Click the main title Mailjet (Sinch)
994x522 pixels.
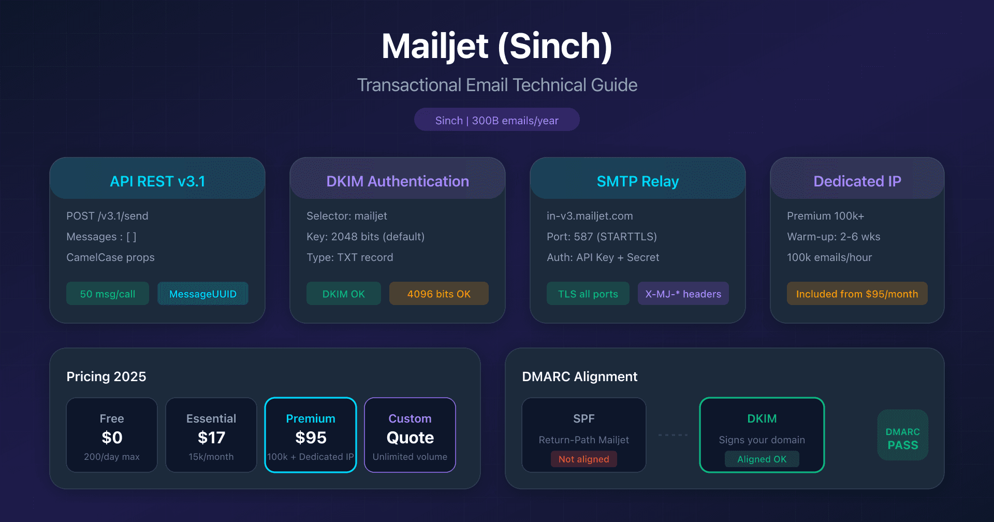497,47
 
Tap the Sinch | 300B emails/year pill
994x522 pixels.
497,120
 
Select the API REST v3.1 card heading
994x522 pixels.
157,181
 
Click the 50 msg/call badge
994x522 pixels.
108,294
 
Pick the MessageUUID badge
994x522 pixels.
203,294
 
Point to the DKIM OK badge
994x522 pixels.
344,294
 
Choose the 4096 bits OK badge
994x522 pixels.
439,294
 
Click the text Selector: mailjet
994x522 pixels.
347,216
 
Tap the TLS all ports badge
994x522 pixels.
588,294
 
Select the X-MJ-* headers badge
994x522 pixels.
683,294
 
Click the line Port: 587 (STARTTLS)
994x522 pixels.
602,237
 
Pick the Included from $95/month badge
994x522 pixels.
857,294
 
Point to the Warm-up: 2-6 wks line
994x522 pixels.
834,237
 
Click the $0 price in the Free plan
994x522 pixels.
112,438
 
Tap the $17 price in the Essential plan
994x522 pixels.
211,438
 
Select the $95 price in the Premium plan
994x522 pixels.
311,438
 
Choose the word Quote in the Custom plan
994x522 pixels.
410,438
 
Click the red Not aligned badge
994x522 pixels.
584,459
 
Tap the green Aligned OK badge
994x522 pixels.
762,459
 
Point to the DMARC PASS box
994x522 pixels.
903,435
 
